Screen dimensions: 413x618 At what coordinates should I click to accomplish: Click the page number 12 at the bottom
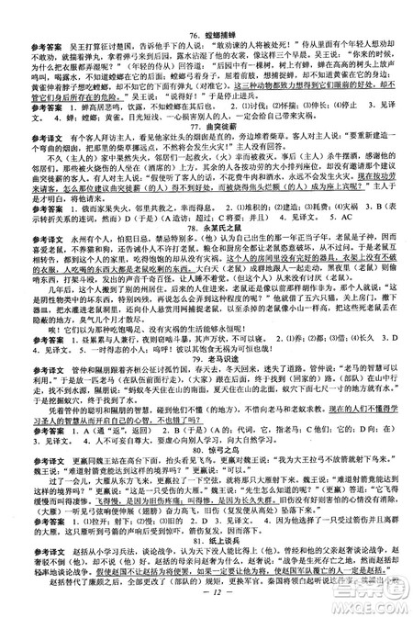(206, 603)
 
